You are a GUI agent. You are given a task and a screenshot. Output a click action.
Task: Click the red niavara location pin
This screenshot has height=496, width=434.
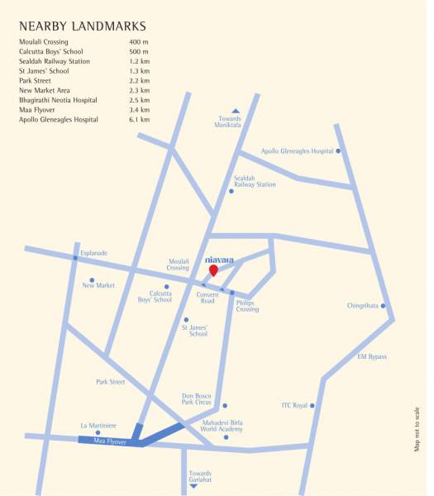pyautogui.click(x=213, y=270)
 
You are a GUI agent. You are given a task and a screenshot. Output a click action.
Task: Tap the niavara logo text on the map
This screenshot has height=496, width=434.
pyautogui.click(x=219, y=259)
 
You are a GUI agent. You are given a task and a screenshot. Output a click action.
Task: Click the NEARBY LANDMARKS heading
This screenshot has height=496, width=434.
pyautogui.click(x=83, y=26)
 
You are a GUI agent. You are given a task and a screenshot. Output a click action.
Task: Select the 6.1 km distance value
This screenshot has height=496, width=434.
pyautogui.click(x=140, y=120)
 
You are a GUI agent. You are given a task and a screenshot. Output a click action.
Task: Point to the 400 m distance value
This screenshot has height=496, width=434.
pyautogui.click(x=139, y=41)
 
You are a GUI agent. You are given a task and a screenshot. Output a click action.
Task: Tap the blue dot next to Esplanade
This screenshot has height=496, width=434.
pyautogui.click(x=75, y=259)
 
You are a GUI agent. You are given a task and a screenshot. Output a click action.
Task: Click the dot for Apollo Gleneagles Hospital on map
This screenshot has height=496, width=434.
pyautogui.click(x=338, y=151)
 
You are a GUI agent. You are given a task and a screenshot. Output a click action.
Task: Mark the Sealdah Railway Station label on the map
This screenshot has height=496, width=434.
pyautogui.click(x=255, y=181)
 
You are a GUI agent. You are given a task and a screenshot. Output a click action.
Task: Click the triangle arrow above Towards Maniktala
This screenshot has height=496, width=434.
pyautogui.click(x=236, y=111)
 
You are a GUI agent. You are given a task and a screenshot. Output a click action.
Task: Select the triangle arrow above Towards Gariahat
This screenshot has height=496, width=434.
pyautogui.click(x=194, y=474)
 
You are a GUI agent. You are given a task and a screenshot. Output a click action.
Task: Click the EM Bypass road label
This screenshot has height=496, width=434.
pyautogui.click(x=372, y=356)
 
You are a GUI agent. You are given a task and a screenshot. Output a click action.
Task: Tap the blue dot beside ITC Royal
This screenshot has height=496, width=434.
pyautogui.click(x=312, y=405)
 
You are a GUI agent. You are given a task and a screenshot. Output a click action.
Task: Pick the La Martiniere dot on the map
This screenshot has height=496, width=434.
pyautogui.click(x=98, y=432)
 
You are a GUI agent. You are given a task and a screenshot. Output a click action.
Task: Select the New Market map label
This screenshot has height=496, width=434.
pyautogui.click(x=98, y=285)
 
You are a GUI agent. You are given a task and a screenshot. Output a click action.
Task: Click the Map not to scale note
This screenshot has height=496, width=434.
pyautogui.click(x=417, y=429)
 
